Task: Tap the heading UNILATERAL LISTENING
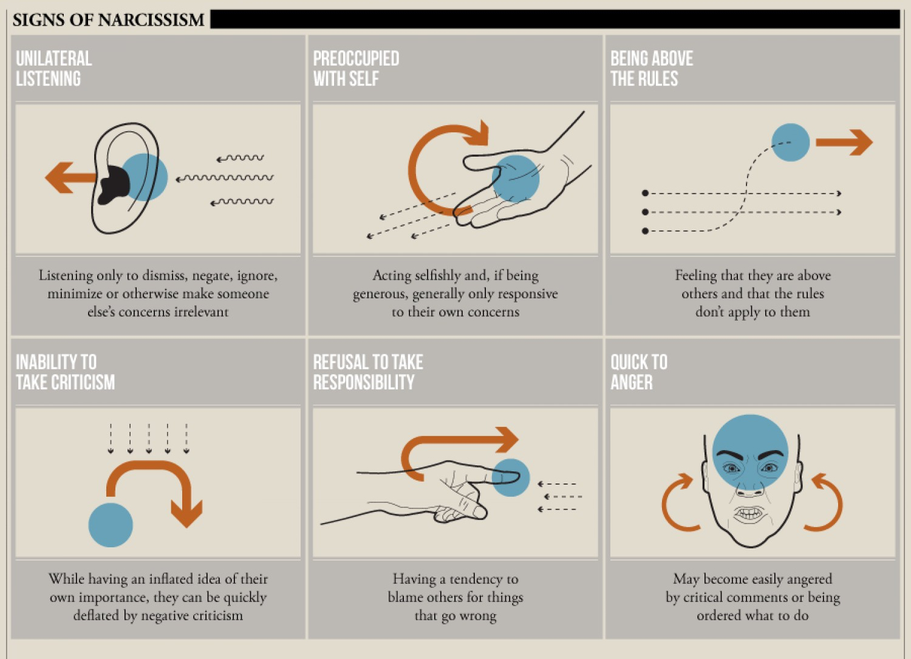[x=53, y=69]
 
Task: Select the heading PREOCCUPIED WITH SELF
[x=356, y=69]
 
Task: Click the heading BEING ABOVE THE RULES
[x=652, y=69]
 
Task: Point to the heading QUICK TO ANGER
[x=638, y=372]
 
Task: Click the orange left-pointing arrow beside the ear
[x=70, y=177]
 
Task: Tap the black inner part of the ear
[x=113, y=185]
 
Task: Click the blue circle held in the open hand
[x=515, y=179]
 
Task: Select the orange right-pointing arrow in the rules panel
[x=844, y=142]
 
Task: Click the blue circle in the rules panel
[x=790, y=142]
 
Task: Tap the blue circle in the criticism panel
[x=111, y=525]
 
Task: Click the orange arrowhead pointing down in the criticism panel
[x=186, y=514]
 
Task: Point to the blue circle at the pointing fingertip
[x=510, y=477]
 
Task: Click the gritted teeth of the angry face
[x=749, y=514]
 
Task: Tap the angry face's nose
[x=750, y=488]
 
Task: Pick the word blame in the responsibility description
[x=404, y=597]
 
